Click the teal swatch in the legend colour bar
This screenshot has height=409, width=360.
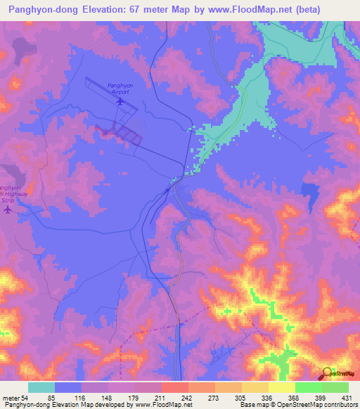(x=41, y=387)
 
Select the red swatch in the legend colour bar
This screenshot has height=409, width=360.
(x=174, y=387)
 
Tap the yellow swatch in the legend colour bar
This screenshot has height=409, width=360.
(x=281, y=387)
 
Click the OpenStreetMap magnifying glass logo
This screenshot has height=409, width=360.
(x=326, y=372)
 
